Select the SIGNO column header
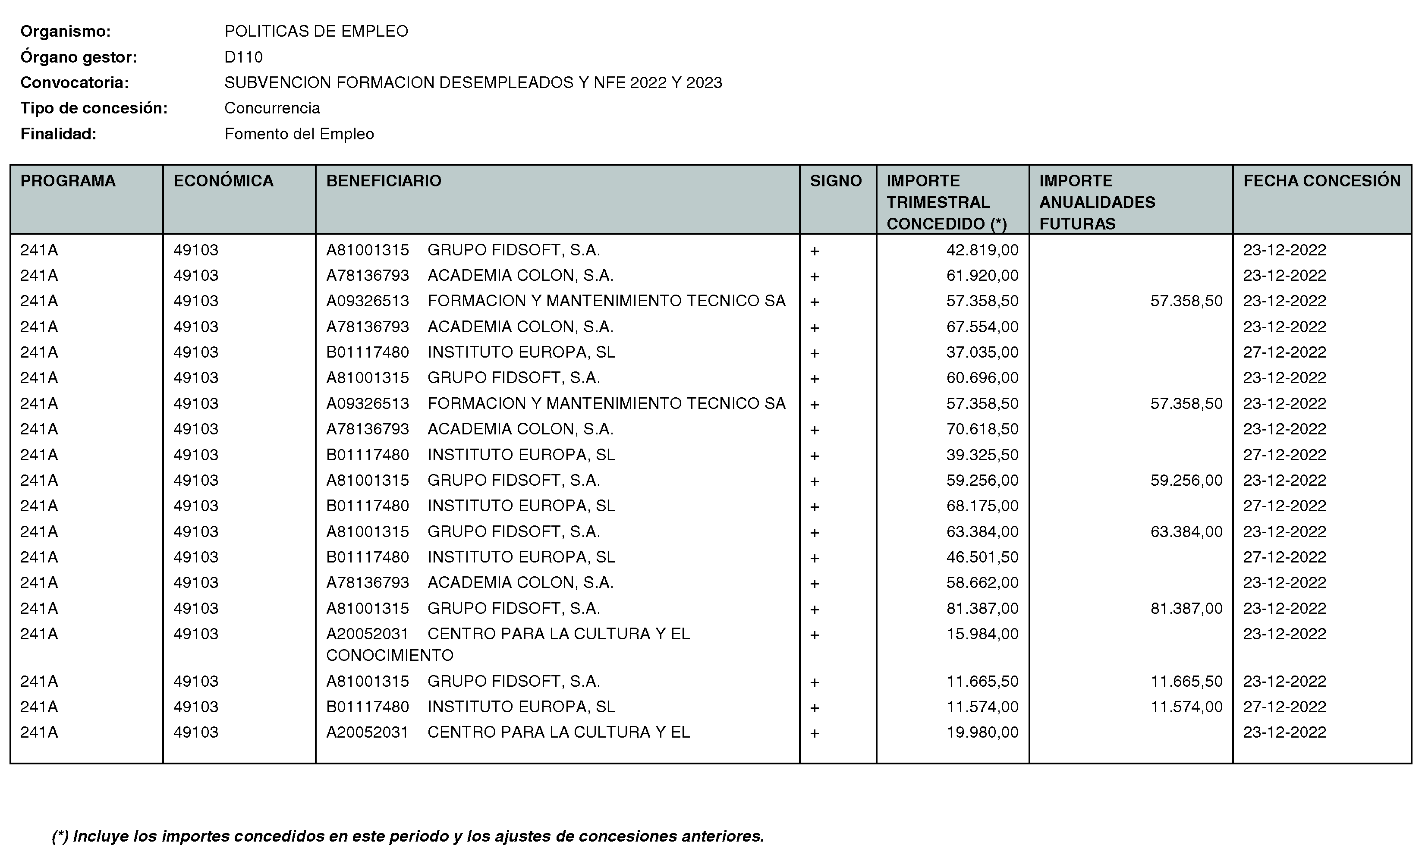click(x=835, y=181)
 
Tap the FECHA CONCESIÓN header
click(x=1321, y=181)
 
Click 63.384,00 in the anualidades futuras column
click(x=1186, y=531)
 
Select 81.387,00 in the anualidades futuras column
click(x=1186, y=608)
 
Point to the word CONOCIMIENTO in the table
click(x=390, y=656)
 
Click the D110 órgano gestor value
click(x=243, y=57)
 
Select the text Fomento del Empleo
click(x=299, y=134)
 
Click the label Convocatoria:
click(x=75, y=82)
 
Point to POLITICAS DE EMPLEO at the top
click(x=316, y=31)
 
